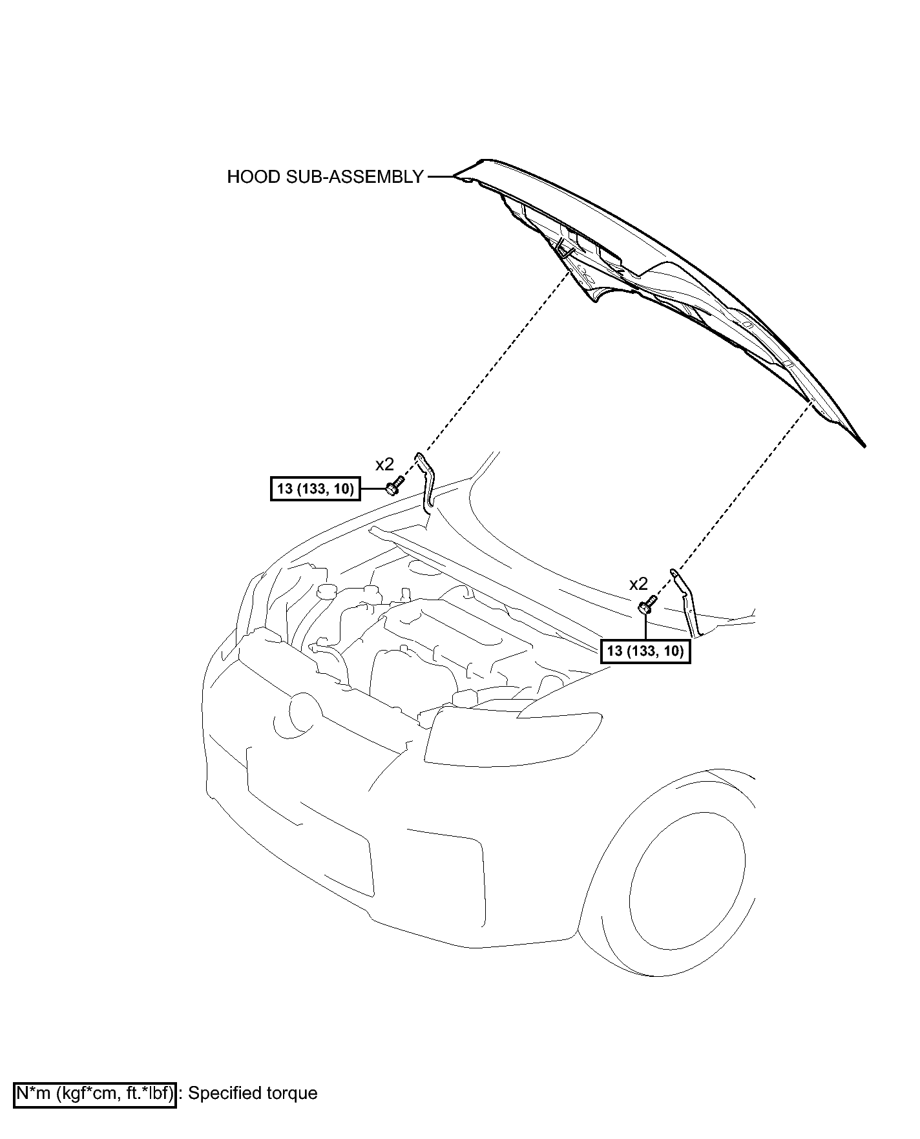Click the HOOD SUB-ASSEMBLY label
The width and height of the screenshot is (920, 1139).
click(325, 177)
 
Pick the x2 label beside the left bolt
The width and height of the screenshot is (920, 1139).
click(384, 464)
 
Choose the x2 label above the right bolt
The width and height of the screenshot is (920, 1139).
click(638, 584)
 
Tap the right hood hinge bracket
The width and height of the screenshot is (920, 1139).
click(687, 601)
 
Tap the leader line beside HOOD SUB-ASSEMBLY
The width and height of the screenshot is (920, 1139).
click(441, 176)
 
